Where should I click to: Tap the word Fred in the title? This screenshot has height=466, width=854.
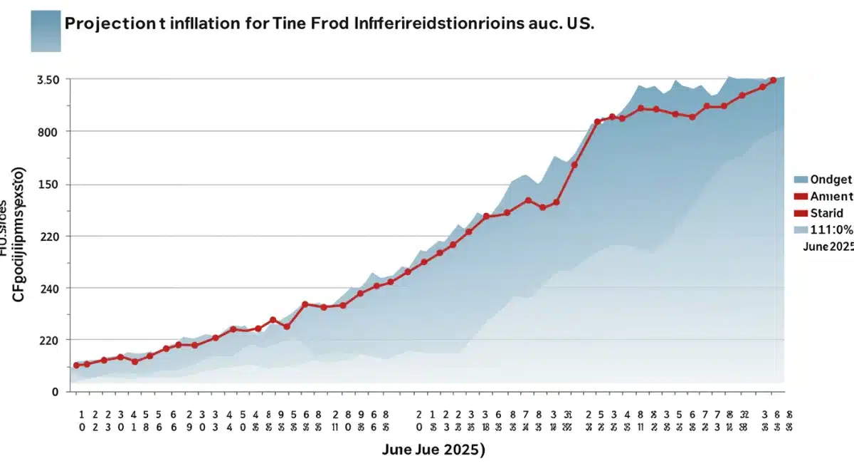[332, 23]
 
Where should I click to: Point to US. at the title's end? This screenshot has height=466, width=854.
[577, 23]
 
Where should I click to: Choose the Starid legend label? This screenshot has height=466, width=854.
[826, 212]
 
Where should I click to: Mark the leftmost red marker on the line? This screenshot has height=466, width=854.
[76, 365]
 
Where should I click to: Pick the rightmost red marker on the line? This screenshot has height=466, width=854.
[773, 81]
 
